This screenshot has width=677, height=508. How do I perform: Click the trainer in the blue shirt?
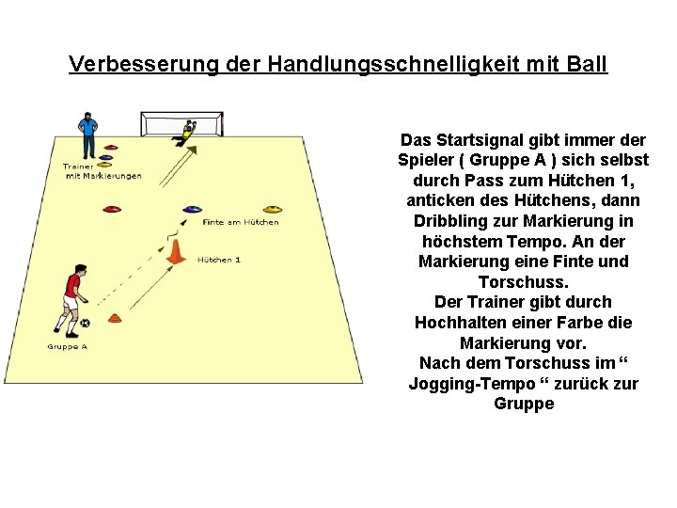87,132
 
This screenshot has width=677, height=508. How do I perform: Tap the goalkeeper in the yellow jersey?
186,133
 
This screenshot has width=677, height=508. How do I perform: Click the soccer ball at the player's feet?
86,324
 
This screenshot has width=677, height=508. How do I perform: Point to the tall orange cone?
175,251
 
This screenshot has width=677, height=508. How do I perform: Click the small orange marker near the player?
114,319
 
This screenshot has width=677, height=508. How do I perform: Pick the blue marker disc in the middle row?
193,209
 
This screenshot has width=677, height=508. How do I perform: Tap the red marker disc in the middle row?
112,210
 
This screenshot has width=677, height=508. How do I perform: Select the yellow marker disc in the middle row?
272,209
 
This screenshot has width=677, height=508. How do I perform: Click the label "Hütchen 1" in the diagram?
219,260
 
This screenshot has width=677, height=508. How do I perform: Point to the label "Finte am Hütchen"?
241,223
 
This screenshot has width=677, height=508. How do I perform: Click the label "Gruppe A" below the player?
67,347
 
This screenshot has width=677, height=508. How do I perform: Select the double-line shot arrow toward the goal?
166,169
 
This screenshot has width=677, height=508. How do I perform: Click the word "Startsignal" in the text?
477,139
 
